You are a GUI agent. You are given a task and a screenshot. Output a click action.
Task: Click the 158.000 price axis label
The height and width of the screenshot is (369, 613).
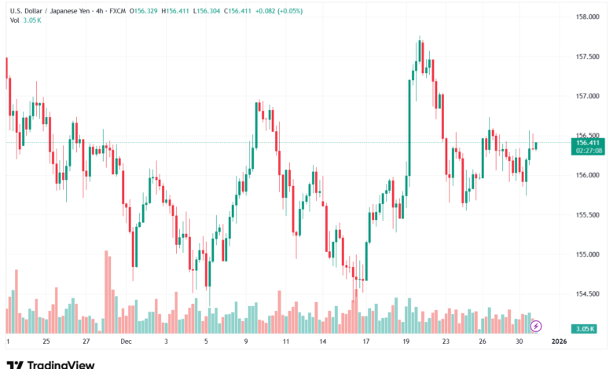(x=589, y=16)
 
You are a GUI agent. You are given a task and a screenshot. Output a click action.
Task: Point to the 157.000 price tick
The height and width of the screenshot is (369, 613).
(x=589, y=96)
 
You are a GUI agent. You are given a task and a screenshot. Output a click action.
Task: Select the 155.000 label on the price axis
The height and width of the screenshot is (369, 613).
(x=589, y=254)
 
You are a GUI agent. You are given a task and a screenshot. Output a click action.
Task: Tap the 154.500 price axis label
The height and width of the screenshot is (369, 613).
(x=589, y=294)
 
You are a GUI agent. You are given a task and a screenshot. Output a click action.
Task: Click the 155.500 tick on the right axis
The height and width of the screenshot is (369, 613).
(x=589, y=214)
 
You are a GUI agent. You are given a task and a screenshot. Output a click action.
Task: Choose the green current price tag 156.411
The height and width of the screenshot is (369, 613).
(x=589, y=142)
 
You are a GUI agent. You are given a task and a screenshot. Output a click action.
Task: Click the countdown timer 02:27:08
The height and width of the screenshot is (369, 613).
(x=589, y=151)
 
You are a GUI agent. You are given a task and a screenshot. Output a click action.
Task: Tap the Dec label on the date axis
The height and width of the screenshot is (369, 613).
(x=127, y=342)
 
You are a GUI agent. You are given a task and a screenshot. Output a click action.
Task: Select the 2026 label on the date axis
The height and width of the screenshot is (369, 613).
(x=560, y=342)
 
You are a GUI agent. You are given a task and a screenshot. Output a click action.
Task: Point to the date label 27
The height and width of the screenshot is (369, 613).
(x=86, y=342)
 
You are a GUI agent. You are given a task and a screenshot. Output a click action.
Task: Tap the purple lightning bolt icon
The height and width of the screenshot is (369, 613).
(x=536, y=326)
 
